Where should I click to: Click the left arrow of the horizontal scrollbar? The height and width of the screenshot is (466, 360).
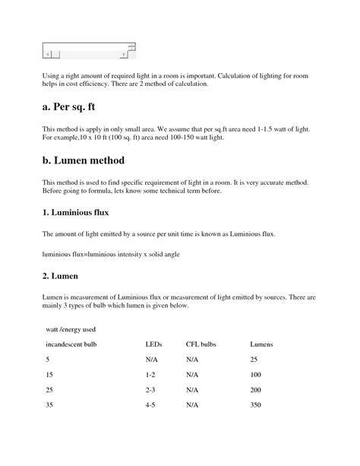tap(48, 55)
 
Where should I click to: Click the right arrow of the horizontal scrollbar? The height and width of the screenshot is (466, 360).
tap(125, 55)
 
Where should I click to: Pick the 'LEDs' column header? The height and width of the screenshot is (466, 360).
tap(154, 344)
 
